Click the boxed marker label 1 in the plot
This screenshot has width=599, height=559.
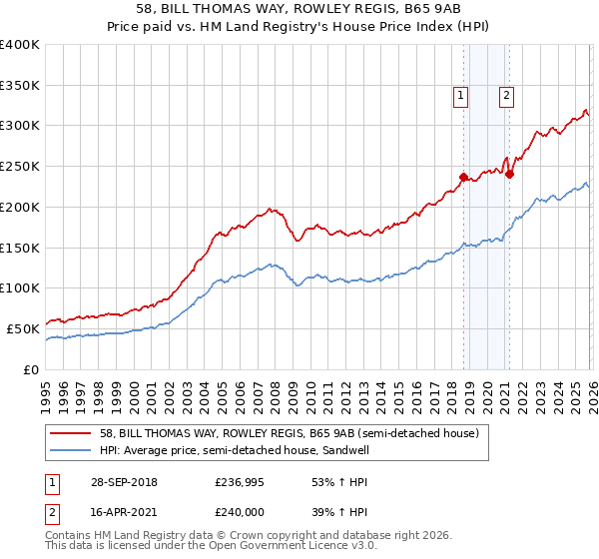(x=461, y=96)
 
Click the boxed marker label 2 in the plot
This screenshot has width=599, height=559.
(x=506, y=96)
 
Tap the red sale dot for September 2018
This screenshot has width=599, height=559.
(x=463, y=178)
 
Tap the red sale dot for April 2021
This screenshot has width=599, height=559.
(x=509, y=174)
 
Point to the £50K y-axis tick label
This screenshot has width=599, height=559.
(x=24, y=328)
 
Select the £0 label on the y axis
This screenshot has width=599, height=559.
(x=30, y=369)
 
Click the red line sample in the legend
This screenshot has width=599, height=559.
(x=72, y=433)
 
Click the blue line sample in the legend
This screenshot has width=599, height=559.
(x=72, y=450)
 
